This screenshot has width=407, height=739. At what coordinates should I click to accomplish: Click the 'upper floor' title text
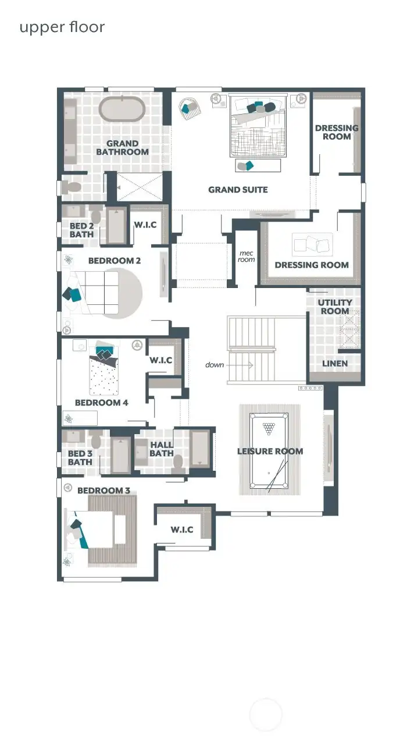click(x=62, y=27)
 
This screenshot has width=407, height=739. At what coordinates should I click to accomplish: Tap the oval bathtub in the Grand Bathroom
click(x=121, y=109)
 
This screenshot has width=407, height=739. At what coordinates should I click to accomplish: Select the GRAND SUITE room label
click(x=238, y=189)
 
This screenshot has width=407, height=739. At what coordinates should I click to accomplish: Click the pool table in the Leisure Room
click(x=269, y=450)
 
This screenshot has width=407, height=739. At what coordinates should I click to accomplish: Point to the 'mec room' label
click(x=247, y=256)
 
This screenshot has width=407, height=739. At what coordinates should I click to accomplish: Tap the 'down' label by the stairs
click(x=215, y=365)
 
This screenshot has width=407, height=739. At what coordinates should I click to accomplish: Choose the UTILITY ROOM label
click(x=334, y=306)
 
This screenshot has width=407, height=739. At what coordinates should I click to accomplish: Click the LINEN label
click(x=335, y=363)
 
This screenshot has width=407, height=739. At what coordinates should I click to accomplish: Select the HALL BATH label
click(x=162, y=449)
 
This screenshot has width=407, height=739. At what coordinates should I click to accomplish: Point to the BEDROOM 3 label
click(x=103, y=491)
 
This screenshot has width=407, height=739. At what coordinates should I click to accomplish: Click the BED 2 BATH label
click(x=81, y=230)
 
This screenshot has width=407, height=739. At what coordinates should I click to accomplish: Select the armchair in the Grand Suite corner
click(x=189, y=108)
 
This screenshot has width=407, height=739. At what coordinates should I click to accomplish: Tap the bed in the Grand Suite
click(x=259, y=126)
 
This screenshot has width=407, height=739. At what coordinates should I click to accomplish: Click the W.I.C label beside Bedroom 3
click(x=182, y=530)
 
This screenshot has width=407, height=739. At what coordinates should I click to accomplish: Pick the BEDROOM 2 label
click(x=115, y=261)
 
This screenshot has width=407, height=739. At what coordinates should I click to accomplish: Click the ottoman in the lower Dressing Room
click(x=312, y=244)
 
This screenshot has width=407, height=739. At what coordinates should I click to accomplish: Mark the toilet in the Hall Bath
click(x=178, y=464)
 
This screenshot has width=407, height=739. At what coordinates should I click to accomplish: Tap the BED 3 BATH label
click(x=80, y=457)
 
